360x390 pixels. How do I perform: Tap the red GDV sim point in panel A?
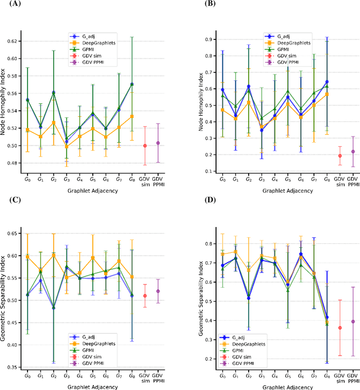tap(145, 146)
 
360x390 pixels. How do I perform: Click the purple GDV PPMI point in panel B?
tap(353, 152)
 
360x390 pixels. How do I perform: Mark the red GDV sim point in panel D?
tap(340, 328)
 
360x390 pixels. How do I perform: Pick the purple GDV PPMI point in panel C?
tap(158, 291)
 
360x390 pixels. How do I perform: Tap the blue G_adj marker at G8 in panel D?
tap(327, 318)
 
